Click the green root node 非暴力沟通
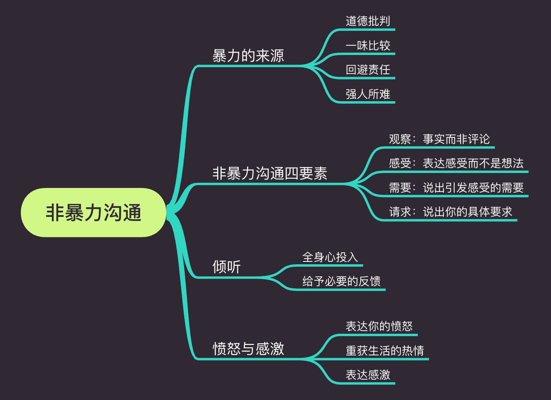click(x=93, y=212)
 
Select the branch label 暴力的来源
click(x=248, y=56)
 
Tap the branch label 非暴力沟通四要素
click(x=269, y=173)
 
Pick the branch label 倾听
click(x=226, y=267)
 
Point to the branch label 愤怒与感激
click(x=248, y=349)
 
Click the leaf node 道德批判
click(x=368, y=21)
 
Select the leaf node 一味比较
click(x=368, y=45)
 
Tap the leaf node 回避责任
click(x=368, y=69)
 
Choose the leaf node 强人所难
click(x=368, y=94)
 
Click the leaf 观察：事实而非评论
click(x=439, y=139)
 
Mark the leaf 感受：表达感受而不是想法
click(x=456, y=163)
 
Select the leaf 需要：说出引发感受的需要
click(x=456, y=188)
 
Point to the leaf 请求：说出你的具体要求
click(x=451, y=212)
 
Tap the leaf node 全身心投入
click(x=330, y=257)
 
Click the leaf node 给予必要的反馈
click(x=341, y=281)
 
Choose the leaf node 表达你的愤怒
click(x=379, y=326)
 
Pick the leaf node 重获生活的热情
click(x=385, y=351)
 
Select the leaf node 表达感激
click(x=368, y=375)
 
